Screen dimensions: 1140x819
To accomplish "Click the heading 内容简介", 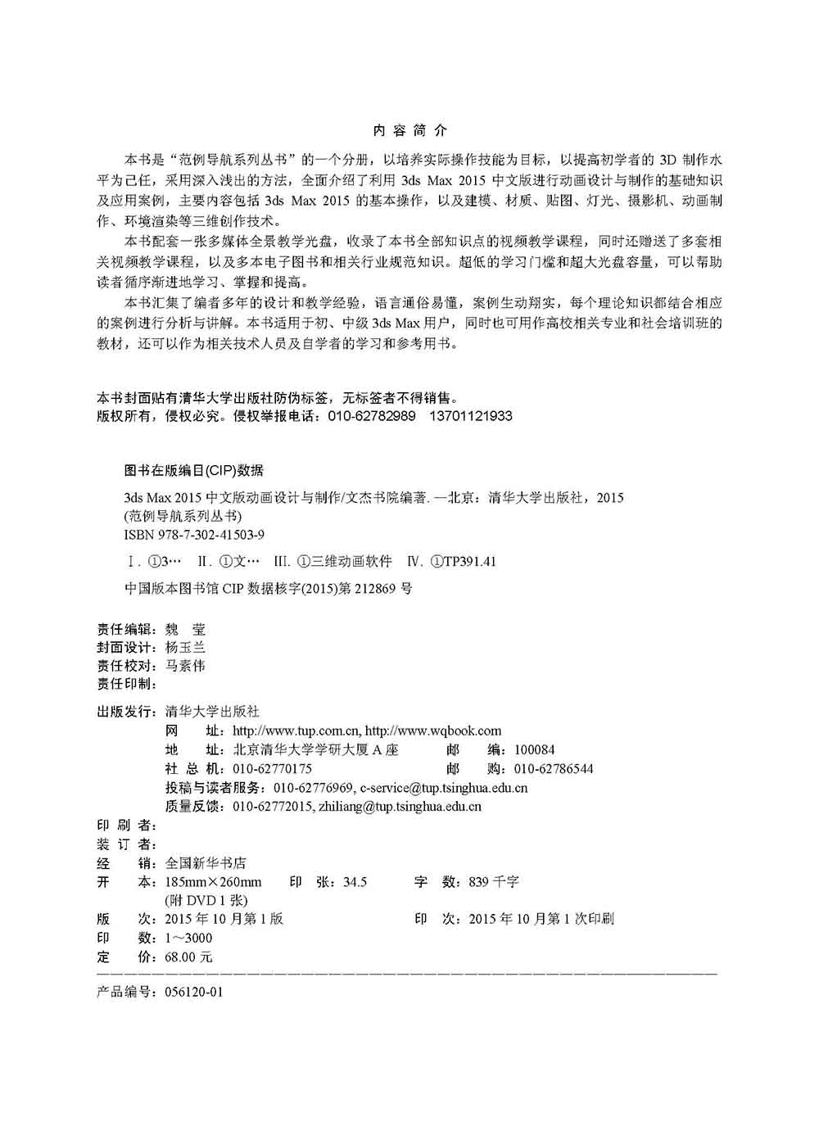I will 409,130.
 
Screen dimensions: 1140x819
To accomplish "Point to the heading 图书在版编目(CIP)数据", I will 194,471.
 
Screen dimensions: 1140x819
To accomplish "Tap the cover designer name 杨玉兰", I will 185,648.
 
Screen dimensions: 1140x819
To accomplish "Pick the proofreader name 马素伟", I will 185,666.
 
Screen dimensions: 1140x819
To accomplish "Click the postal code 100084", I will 534,750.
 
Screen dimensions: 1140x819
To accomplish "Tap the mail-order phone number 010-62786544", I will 554,769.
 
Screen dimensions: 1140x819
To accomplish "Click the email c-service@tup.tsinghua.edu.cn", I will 443,788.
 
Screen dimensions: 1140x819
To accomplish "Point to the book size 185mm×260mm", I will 213,882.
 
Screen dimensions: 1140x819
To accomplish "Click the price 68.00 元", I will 188,957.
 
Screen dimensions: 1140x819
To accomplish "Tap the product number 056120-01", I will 193,992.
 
